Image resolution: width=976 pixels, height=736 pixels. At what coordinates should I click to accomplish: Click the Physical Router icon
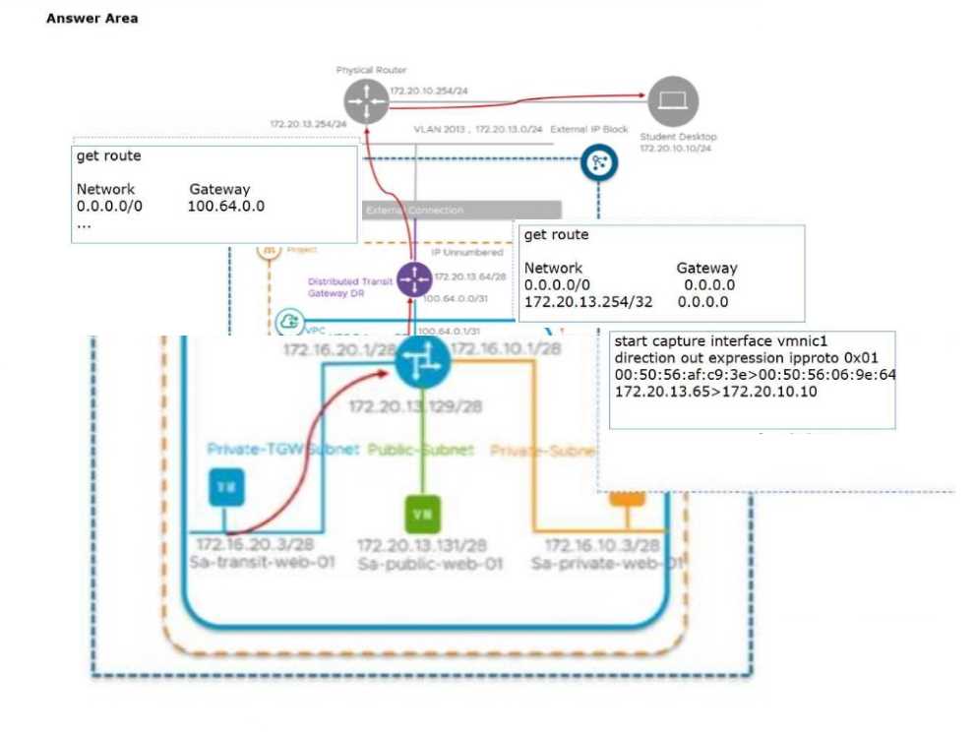[366, 101]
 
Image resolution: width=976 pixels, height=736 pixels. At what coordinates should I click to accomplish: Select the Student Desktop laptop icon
[674, 101]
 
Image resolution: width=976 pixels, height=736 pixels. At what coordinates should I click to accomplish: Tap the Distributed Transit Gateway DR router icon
[414, 280]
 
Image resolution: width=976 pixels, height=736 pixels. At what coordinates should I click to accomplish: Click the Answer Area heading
[91, 19]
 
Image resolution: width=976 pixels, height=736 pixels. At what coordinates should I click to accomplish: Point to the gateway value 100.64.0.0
[225, 207]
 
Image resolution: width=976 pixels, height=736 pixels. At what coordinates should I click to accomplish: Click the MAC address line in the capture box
[755, 375]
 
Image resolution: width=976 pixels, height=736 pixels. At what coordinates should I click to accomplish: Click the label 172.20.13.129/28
[416, 405]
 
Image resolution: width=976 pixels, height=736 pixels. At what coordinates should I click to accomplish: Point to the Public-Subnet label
[420, 450]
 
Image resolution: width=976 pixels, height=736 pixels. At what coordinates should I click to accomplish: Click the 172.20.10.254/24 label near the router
[429, 91]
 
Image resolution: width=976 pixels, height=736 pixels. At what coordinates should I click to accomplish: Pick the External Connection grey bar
[461, 210]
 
